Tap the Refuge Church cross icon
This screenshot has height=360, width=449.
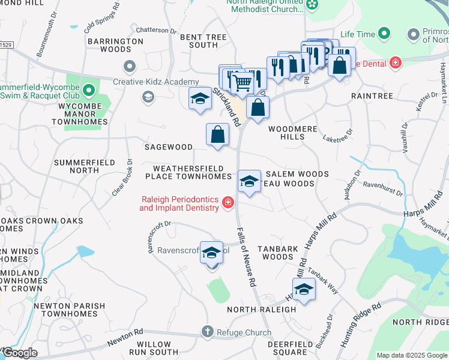(207, 331)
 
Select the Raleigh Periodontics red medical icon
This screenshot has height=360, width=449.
(228, 203)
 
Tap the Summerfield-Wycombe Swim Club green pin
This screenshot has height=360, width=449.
(89, 91)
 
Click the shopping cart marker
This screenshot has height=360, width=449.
(241, 82)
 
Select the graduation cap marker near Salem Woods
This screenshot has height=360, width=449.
(249, 181)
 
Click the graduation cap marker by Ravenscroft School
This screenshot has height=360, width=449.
(211, 253)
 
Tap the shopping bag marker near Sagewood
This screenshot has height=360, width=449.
(218, 134)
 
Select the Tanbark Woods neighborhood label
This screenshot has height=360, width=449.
(274, 252)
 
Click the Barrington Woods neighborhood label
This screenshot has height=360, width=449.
(115, 46)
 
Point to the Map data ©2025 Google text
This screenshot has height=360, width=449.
(411, 355)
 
